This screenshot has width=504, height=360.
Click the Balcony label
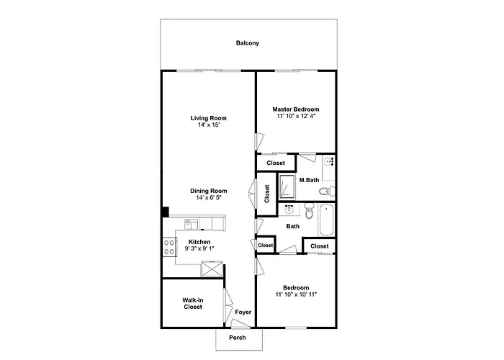pos(247,43)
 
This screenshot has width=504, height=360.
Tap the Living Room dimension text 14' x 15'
pos(209,125)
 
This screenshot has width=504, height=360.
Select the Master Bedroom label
pos(296,109)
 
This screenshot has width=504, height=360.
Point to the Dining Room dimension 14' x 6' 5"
pos(209,198)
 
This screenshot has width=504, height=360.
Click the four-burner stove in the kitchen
pos(169,247)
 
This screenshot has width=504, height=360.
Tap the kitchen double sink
pos(192,224)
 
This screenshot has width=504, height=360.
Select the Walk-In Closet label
pos(193,303)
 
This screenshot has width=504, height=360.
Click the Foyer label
pos(243,312)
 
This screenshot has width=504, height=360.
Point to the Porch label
pos(238,338)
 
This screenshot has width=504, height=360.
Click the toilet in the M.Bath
pos(327,192)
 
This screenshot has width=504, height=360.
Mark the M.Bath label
pos(309,180)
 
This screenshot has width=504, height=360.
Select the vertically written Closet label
pos(267,194)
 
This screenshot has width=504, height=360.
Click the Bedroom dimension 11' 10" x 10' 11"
pos(296,294)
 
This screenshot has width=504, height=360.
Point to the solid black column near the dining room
pos(165,212)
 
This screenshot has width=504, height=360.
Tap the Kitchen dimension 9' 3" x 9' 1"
pos(199,248)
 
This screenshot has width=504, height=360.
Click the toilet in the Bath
pos(309,210)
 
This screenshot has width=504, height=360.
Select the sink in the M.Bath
pos(329,161)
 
